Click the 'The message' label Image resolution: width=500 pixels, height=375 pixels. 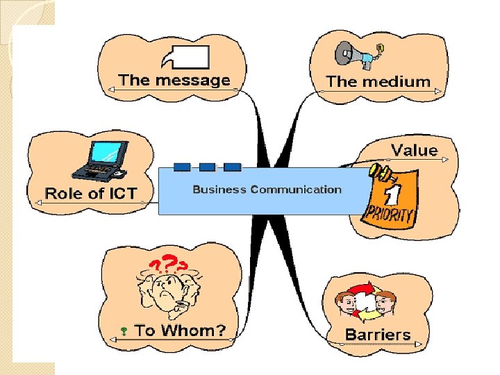(174, 80)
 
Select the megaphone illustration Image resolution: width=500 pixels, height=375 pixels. (355, 54)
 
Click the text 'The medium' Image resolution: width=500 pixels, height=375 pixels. (378, 81)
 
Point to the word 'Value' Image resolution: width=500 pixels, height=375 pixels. (415, 150)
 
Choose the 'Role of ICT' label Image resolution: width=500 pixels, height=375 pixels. (91, 193)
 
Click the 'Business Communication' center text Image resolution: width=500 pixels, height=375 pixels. (267, 189)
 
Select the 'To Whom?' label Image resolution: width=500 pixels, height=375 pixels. (180, 331)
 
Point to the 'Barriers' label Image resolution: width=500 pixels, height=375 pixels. (378, 334)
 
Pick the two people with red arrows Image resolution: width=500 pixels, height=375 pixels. (365, 301)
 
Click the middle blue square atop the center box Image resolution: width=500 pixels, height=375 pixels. (207, 167)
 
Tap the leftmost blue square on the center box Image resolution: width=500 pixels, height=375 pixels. (182, 167)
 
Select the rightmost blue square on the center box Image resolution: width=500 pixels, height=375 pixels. (233, 167)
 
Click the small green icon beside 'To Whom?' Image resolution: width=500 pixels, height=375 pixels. (122, 332)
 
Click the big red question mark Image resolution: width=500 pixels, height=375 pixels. (169, 262)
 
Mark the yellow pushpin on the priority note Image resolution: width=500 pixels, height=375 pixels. (378, 171)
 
